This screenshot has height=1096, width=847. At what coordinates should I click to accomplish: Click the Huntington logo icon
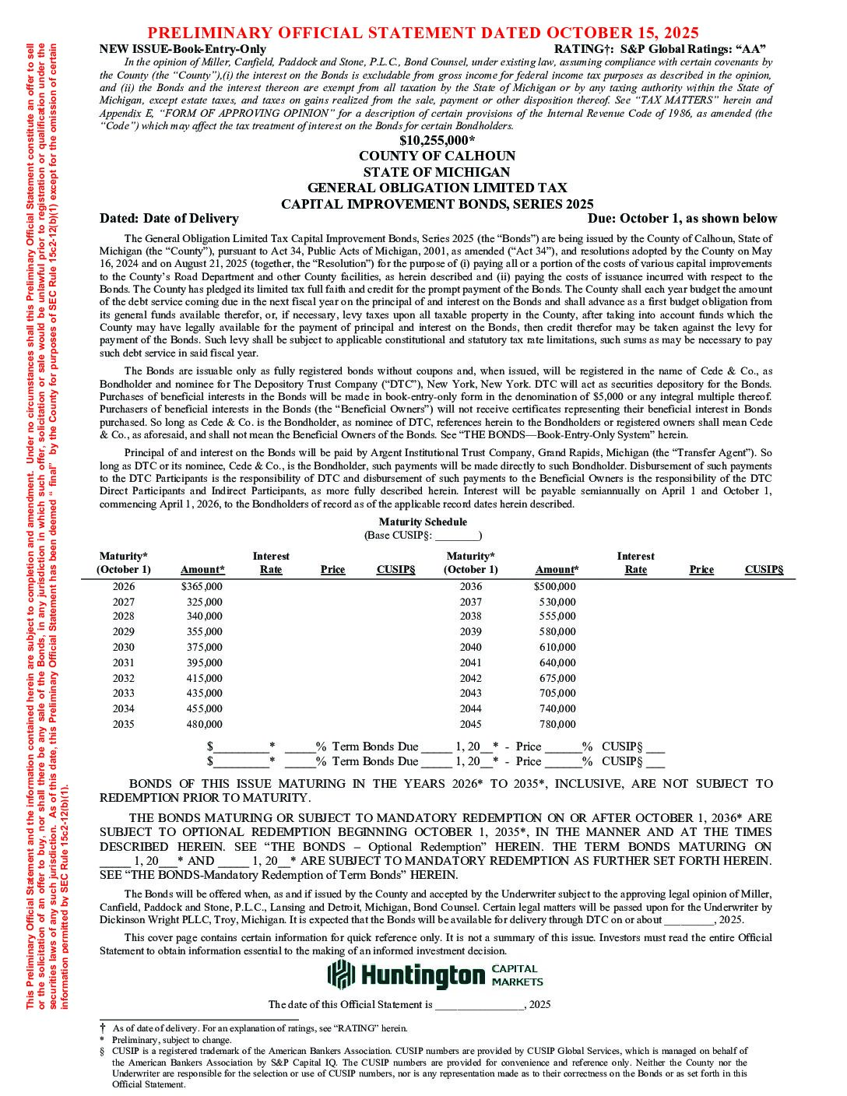tap(341, 975)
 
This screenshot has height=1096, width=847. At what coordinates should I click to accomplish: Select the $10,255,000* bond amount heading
tap(437, 140)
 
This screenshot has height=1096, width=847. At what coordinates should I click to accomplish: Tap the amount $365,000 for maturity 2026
tap(202, 586)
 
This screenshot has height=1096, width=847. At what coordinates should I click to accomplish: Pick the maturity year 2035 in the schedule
tap(123, 724)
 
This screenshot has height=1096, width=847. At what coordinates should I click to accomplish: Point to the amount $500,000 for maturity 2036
tap(555, 586)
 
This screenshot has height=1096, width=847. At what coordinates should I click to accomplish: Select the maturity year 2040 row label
tap(470, 647)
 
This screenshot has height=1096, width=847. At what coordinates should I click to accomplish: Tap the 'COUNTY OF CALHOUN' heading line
tap(437, 156)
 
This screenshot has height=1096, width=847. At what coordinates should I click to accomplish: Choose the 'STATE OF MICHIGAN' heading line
tap(437, 172)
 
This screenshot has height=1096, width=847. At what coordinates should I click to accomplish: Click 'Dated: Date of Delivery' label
tap(169, 219)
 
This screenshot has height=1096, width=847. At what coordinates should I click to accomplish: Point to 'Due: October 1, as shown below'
tap(682, 219)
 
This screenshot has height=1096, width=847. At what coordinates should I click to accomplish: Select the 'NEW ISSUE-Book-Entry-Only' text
tap(183, 49)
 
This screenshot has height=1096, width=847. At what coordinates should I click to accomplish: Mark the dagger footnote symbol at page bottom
tap(103, 1027)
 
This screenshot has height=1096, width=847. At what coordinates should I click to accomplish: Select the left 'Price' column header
tap(332, 570)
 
